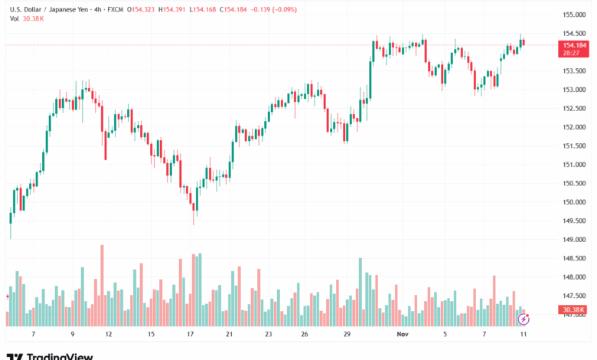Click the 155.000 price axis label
[574, 15]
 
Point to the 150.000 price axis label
[574, 202]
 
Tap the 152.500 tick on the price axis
[574, 109]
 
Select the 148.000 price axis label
[574, 277]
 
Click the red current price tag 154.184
[574, 45]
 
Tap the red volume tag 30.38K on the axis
[573, 310]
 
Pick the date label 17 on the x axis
[190, 335]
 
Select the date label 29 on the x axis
[347, 335]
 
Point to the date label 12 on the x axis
[108, 335]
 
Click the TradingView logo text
[59, 356]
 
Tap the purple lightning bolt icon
[524, 318]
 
